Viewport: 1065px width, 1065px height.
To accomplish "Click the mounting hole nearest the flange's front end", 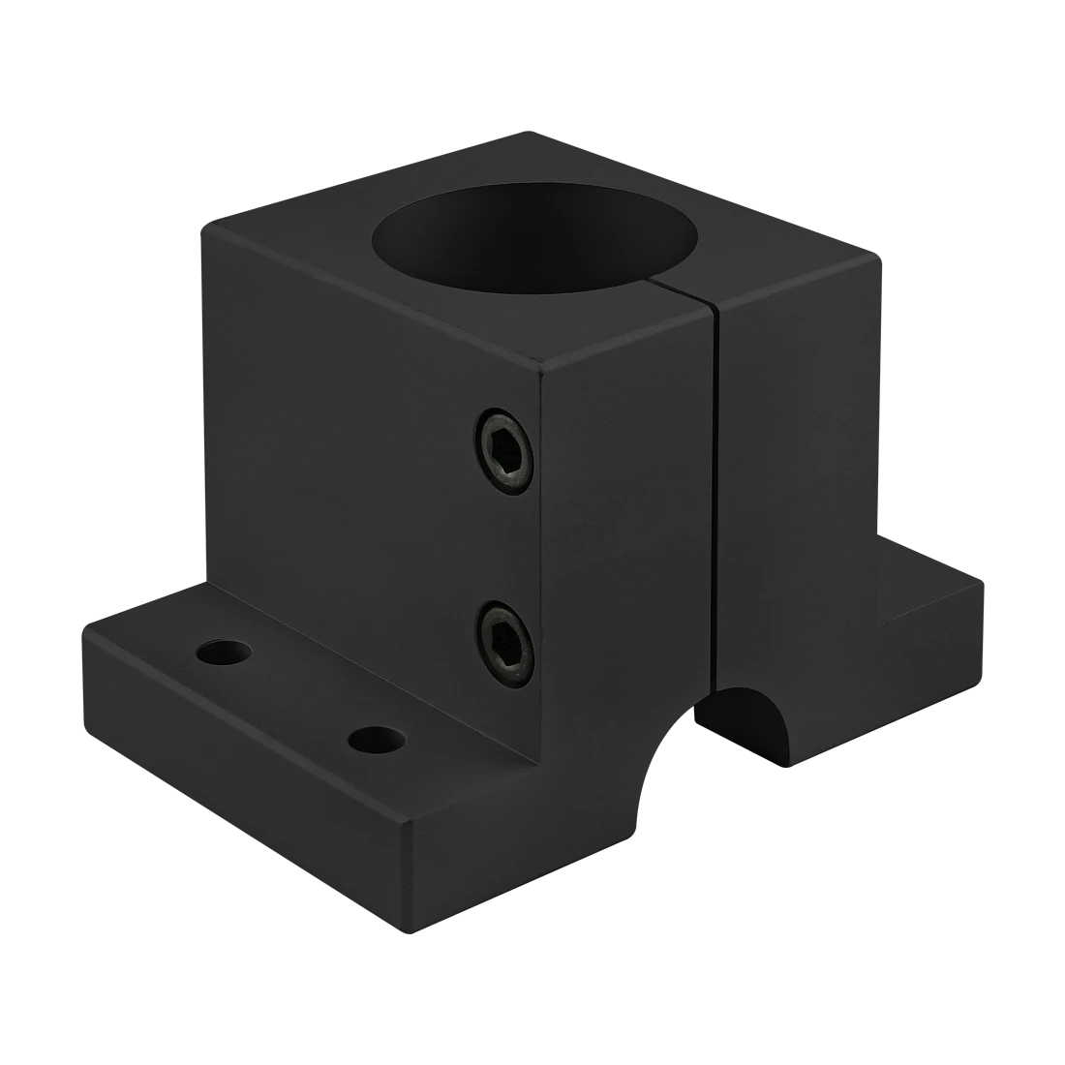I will tap(375, 740).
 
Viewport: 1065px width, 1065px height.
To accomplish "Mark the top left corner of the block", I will tap(200, 225).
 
